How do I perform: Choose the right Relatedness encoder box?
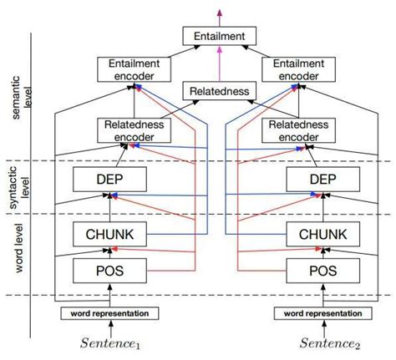click(x=300, y=130)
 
